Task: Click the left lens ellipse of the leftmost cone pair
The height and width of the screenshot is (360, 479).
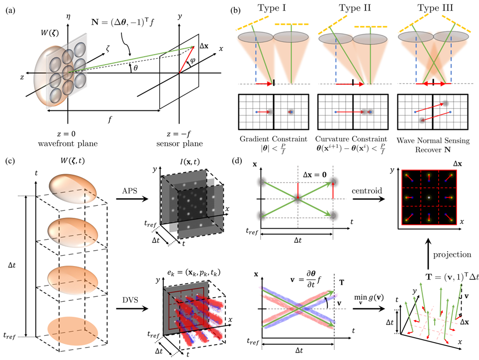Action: coord(255,37)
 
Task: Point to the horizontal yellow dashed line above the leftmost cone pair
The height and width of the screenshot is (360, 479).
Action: coord(291,23)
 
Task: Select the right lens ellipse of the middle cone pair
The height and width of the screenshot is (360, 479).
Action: coord(370,39)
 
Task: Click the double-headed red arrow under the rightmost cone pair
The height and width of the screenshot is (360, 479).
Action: coord(431,85)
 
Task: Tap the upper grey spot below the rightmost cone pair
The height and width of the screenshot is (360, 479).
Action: coord(446,103)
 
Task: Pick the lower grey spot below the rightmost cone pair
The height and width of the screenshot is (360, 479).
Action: coord(422,120)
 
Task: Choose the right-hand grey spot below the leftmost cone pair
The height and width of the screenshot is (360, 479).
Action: coord(291,112)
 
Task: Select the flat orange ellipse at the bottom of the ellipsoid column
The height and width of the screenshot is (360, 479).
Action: coord(73,331)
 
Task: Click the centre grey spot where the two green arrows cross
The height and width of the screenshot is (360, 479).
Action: coord(297,199)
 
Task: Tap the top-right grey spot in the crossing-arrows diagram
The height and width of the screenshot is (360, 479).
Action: coord(333,182)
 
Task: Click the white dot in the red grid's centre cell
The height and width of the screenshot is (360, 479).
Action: coord(429,197)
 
